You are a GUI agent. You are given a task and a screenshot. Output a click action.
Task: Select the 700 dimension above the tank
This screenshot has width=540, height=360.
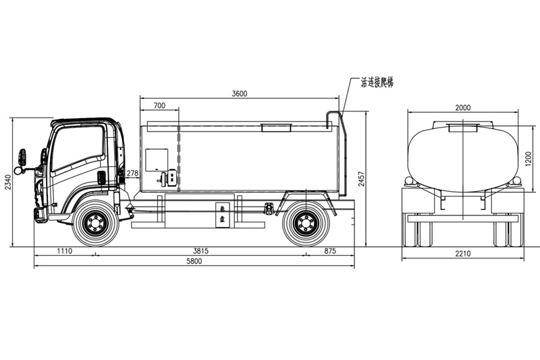(159, 106)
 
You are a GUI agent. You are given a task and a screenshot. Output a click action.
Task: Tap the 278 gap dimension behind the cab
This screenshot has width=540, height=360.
(132, 174)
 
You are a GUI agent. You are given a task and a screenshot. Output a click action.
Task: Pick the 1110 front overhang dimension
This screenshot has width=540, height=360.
(64, 251)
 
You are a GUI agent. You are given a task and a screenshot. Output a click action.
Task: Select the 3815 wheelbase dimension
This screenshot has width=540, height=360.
(200, 251)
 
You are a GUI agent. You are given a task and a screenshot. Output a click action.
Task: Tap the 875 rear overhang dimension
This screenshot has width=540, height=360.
(329, 251)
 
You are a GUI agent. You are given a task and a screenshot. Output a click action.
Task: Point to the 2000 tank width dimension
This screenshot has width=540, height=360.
(462, 107)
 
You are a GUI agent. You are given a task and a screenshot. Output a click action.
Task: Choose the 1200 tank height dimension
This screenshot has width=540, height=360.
(529, 158)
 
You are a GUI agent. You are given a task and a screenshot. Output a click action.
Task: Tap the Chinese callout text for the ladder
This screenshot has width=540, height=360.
(377, 82)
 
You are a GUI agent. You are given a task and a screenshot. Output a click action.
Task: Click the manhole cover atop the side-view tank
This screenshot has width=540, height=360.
(275, 126)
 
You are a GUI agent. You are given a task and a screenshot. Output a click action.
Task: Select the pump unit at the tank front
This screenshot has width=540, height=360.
(168, 178)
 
